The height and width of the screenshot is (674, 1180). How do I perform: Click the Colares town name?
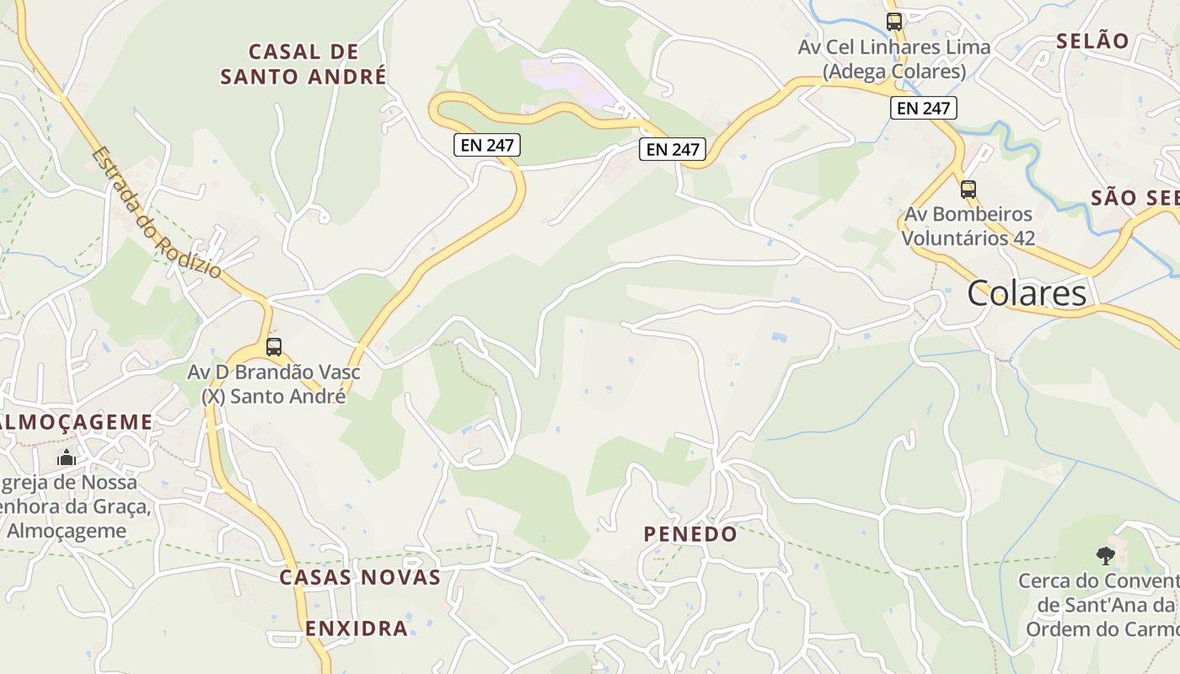1027,293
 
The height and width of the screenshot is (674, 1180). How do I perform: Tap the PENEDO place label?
690,534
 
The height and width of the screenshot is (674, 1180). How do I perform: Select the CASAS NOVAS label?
360,577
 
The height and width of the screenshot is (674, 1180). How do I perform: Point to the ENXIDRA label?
357,629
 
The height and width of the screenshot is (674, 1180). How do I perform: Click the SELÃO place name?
1092,40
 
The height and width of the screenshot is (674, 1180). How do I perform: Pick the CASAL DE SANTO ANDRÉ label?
303,64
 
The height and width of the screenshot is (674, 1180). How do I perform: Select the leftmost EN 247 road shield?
487,145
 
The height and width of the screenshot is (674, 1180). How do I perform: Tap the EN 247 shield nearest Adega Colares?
924,108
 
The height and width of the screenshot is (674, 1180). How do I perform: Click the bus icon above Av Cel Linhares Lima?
894,22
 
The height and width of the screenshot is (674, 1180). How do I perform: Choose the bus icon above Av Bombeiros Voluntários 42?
968,189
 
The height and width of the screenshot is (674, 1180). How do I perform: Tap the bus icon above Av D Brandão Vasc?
274,346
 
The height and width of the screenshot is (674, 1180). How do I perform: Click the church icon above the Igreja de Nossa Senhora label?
66,457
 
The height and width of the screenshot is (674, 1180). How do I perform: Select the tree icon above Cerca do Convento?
1105,555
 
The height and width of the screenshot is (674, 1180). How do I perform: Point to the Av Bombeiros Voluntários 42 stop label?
968,226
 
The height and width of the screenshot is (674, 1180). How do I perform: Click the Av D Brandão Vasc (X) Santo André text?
274,384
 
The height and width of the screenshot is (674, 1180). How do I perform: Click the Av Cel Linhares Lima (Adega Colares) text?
894,59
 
